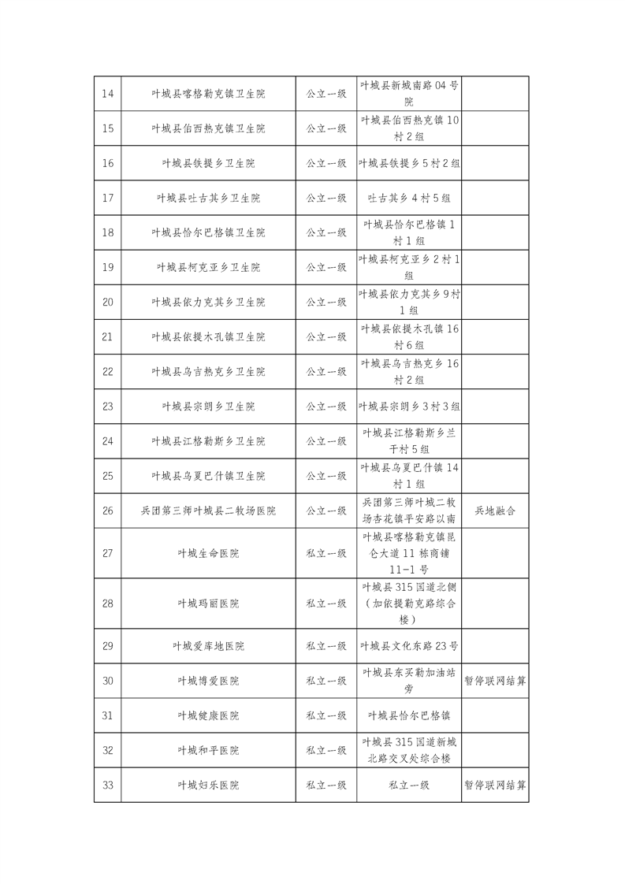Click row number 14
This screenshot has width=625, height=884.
108,94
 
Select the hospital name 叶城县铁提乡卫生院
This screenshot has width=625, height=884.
208,163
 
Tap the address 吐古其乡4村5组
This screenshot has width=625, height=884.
409,198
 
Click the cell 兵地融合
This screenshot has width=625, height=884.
495,511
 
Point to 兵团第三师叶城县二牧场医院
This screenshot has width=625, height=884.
208,511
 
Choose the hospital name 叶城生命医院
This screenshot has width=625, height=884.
208,553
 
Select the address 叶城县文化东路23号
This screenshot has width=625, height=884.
409,646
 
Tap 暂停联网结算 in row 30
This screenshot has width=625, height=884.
495,681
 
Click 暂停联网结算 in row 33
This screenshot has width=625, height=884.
495,785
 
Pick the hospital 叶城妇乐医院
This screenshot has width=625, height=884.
208,785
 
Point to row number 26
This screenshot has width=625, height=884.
108,511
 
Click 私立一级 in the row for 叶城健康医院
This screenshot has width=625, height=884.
326,715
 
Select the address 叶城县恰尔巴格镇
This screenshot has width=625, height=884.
409,715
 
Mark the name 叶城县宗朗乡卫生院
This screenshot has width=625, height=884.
208,407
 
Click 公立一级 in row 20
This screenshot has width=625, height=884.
326,302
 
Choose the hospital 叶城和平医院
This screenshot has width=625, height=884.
208,750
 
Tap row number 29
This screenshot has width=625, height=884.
108,646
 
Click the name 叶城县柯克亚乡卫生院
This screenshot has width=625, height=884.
208,267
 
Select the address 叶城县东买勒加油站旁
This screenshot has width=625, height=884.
409,681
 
